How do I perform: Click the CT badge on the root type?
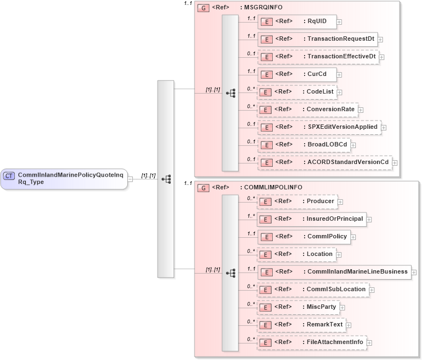point(9,176)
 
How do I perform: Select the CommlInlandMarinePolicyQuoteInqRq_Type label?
point(71,178)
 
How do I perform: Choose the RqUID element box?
point(297,22)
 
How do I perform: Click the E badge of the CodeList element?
point(266,92)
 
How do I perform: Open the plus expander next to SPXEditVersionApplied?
point(383,128)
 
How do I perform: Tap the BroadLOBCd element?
point(304,145)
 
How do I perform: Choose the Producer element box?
point(297,201)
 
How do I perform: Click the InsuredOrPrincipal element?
point(312,219)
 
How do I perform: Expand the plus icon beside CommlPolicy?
point(354,237)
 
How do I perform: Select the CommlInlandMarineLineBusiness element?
point(334,272)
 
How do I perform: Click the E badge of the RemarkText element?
point(266,325)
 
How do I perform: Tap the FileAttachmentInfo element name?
point(335,342)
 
